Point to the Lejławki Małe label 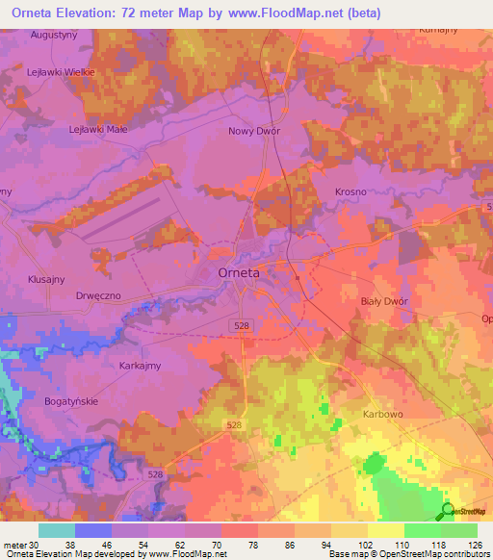pyautogui.click(x=98, y=128)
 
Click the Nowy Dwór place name pyautogui.click(x=252, y=131)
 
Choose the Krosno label pyautogui.click(x=350, y=191)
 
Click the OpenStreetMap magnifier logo pyautogui.click(x=448, y=510)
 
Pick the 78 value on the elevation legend pyautogui.click(x=257, y=544)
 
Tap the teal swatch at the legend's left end pyautogui.click(x=57, y=530)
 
